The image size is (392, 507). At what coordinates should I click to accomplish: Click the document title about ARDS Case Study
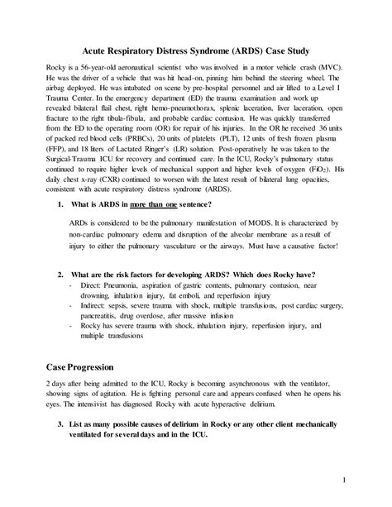196,43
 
